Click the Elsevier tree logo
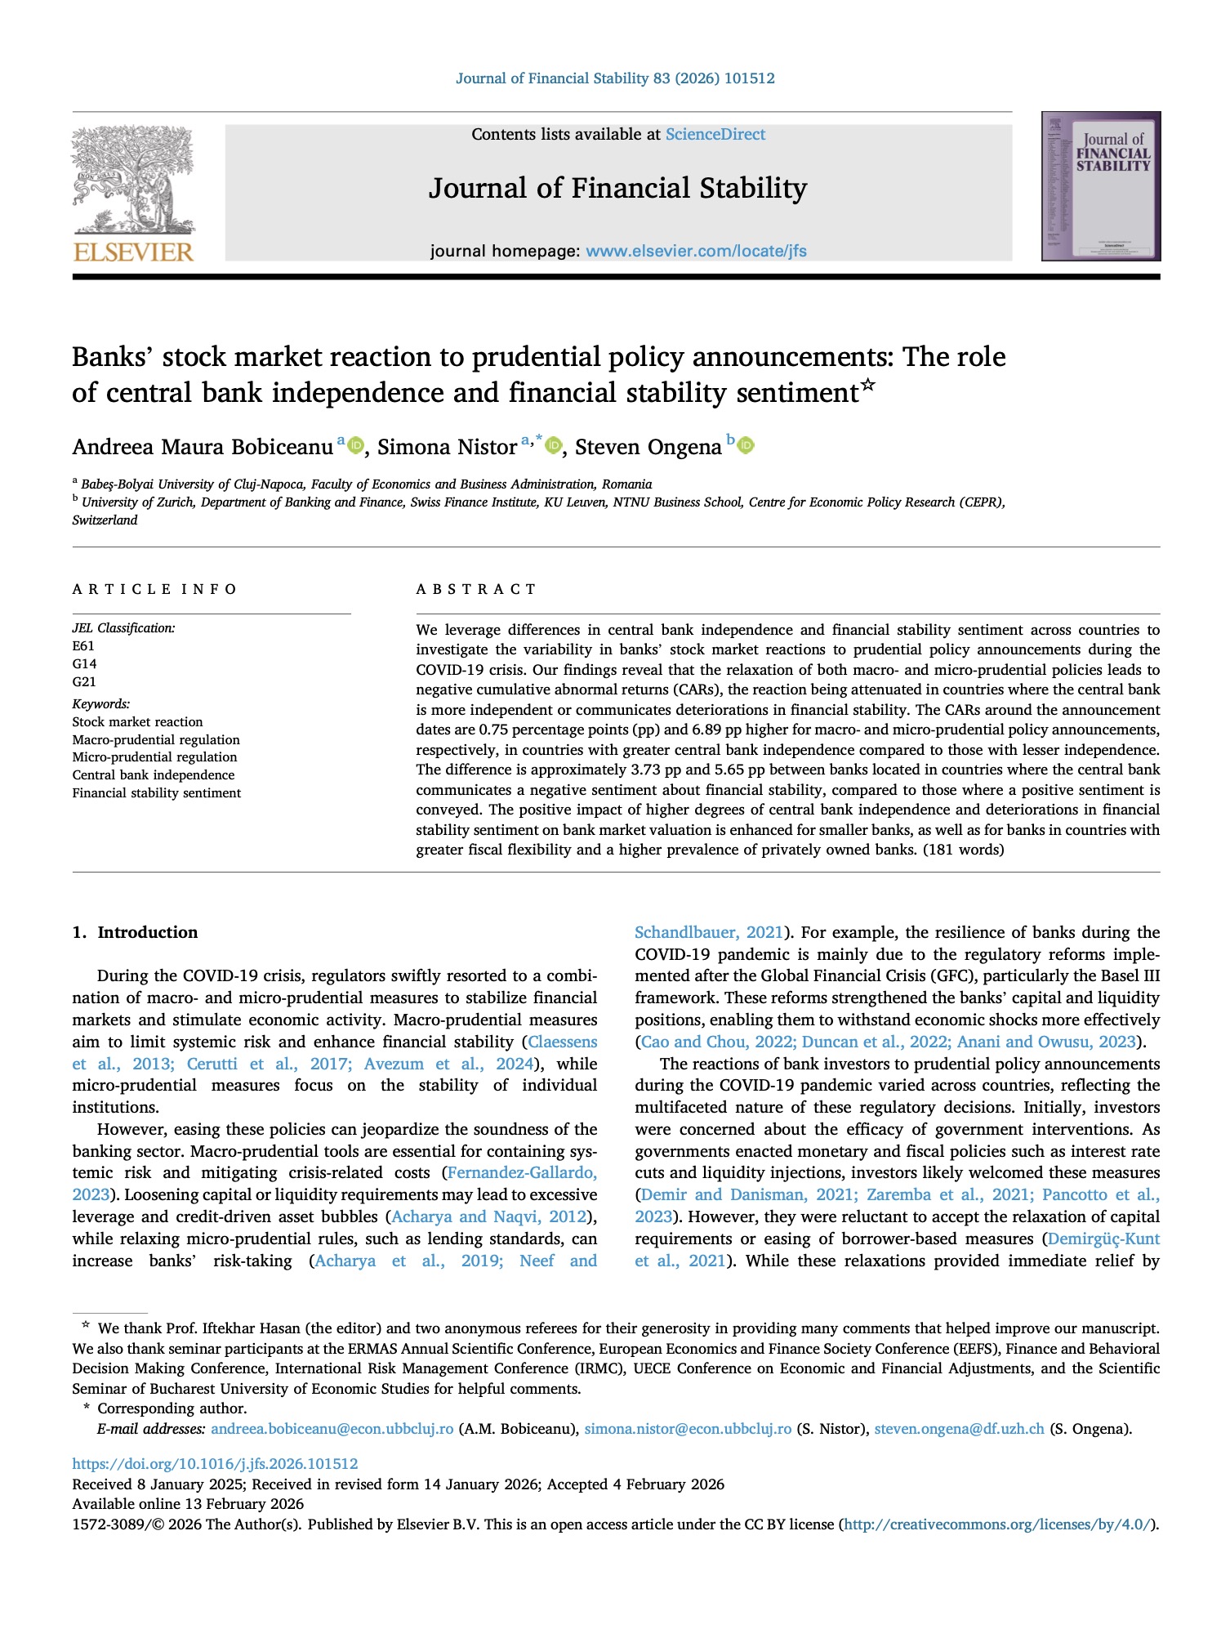pos(133,181)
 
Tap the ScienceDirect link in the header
pos(715,135)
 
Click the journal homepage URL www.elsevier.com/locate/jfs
pos(696,252)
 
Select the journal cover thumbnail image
pos(1100,187)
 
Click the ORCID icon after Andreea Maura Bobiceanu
pos(355,446)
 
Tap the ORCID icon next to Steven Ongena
pos(746,446)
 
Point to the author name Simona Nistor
pos(447,448)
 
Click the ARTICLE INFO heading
pos(154,589)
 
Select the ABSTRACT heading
pos(476,589)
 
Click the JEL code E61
pos(83,646)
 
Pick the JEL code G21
pos(84,682)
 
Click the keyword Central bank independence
pos(154,775)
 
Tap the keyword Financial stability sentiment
pos(157,793)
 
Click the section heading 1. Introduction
pos(135,933)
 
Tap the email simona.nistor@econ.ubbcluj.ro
pos(688,1429)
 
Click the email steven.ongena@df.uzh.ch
pos(959,1429)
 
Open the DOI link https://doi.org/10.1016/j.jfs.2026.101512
pos(215,1464)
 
